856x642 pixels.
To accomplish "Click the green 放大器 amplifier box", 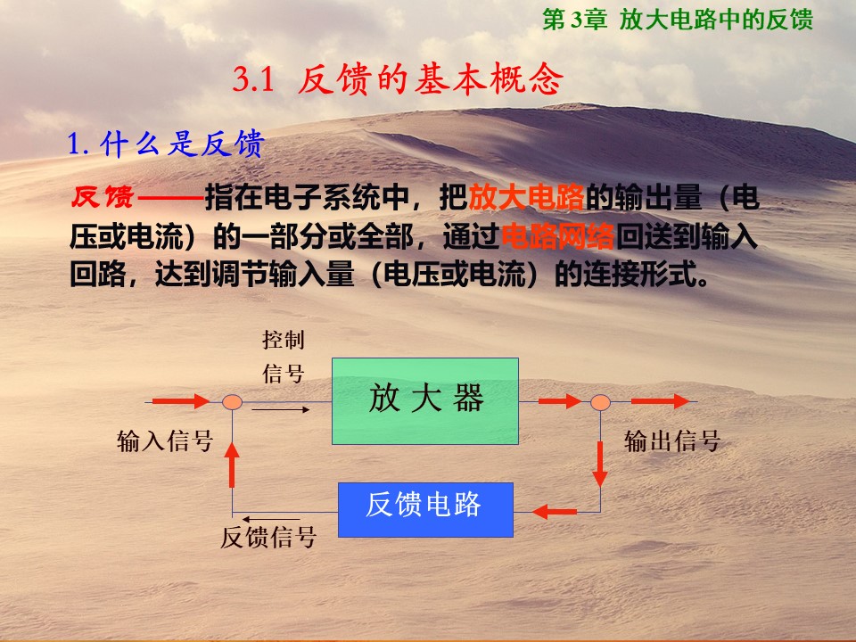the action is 425,401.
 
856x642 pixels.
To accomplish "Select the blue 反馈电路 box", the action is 425,510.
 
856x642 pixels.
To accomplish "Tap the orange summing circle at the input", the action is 232,402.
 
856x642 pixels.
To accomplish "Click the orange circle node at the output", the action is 600,403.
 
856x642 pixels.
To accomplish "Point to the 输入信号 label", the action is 165,441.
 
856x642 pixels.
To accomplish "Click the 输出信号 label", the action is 672,441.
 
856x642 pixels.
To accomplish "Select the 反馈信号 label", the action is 268,537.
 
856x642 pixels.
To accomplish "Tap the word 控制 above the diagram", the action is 284,340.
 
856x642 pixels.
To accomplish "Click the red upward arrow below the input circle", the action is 232,465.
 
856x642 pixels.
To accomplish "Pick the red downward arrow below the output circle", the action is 600,464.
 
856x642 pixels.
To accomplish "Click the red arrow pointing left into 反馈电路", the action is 554,512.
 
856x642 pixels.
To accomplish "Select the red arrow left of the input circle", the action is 181,402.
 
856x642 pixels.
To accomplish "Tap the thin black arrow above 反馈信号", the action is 271,519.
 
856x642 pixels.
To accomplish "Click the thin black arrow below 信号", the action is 281,409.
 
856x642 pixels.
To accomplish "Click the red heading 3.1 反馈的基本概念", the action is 398,79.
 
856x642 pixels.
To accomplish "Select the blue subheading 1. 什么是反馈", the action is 166,144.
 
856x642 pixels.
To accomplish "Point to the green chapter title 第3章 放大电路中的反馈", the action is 678,20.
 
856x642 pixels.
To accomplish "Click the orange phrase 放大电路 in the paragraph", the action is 526,198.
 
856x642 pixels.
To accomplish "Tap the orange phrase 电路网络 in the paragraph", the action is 557,236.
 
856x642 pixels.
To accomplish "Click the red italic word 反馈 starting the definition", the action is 103,197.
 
